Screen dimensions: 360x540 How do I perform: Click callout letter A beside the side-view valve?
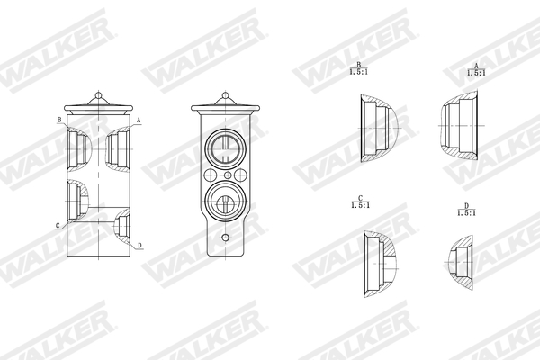pyautogui.click(x=138, y=119)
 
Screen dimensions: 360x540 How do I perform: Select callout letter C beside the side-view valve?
pyautogui.click(x=58, y=225)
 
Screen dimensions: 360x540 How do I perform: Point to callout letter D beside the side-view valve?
pyautogui.click(x=139, y=245)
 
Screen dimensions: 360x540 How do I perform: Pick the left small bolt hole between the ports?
pyautogui.click(x=211, y=174)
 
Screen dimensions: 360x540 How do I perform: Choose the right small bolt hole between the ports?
pyautogui.click(x=240, y=174)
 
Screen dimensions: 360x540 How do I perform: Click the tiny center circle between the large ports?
pyautogui.click(x=227, y=174)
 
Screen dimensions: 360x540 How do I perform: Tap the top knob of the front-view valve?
pyautogui.click(x=225, y=95)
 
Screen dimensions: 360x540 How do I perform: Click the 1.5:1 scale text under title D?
pyautogui.click(x=465, y=213)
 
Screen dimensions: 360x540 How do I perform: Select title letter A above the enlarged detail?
pyautogui.click(x=475, y=66)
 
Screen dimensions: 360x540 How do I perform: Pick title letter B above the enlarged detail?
pyautogui.click(x=359, y=66)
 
